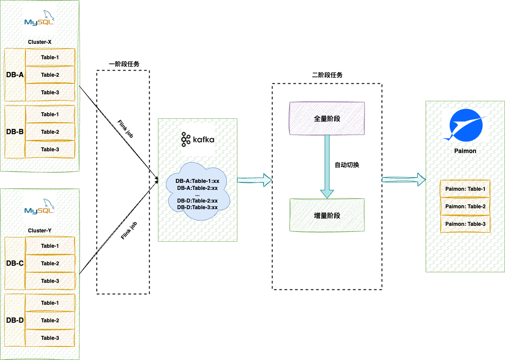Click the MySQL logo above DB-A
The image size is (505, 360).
pyautogui.click(x=39, y=18)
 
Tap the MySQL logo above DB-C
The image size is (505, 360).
pyautogui.click(x=39, y=207)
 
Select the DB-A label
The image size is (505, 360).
pyautogui.click(x=15, y=75)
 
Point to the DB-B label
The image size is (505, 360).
pyautogui.click(x=15, y=131)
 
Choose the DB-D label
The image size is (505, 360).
pyautogui.click(x=15, y=320)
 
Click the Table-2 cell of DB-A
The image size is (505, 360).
pyautogui.click(x=50, y=75)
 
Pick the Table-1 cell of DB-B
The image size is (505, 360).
pyautogui.click(x=50, y=114)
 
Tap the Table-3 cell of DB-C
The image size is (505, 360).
pyautogui.click(x=50, y=281)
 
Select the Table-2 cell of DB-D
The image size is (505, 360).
pyautogui.click(x=50, y=320)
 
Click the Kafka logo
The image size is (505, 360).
pyautogui.click(x=197, y=139)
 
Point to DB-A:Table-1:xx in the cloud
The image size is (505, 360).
pyautogui.click(x=197, y=181)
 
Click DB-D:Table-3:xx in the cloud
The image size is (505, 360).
pyautogui.click(x=197, y=207)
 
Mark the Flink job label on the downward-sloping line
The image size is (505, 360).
pyautogui.click(x=125, y=128)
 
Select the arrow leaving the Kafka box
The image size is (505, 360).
pyautogui.click(x=254, y=180)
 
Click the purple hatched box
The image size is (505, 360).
pyautogui.click(x=327, y=118)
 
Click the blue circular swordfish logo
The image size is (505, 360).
pyautogui.click(x=465, y=125)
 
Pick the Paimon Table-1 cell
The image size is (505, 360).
pyautogui.click(x=465, y=189)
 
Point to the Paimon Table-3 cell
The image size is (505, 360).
pyautogui.click(x=465, y=224)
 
